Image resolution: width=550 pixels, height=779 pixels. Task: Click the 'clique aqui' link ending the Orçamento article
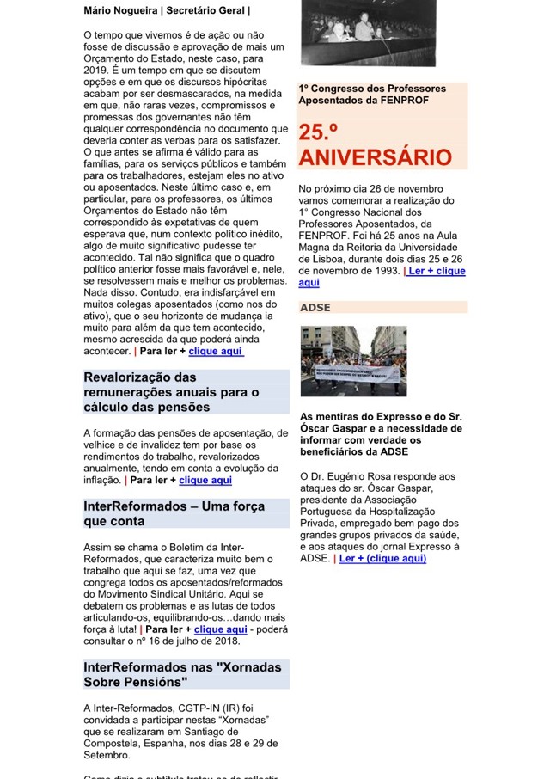[x=216, y=351]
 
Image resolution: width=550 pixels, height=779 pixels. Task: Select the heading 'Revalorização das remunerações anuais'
[x=171, y=392]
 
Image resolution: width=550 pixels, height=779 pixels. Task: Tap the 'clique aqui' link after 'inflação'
[x=205, y=480]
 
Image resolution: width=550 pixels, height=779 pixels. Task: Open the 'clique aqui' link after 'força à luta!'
[x=220, y=629]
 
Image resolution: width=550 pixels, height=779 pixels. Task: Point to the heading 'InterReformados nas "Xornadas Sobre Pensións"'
[x=162, y=674]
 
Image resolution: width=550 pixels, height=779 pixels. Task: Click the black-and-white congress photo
[x=367, y=33]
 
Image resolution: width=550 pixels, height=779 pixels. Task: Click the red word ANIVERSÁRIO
[x=375, y=158]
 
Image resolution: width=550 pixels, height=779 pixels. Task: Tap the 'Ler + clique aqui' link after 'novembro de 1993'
[x=437, y=271]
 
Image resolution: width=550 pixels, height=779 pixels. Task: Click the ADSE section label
[x=315, y=307]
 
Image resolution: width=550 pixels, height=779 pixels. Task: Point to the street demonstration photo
[x=353, y=360]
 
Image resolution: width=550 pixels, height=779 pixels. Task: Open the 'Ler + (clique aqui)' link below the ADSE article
[x=382, y=558]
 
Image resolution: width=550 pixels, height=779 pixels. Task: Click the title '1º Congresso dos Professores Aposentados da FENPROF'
[x=372, y=95]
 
